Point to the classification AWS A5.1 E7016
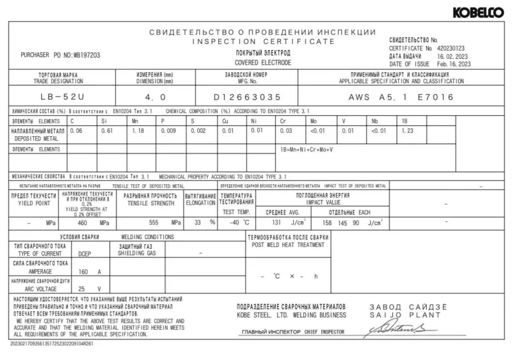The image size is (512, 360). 401,98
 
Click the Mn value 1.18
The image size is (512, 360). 139,130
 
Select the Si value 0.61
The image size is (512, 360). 107,130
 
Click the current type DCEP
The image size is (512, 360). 84,253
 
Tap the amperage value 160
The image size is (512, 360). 84,271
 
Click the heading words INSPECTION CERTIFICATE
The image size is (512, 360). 264,41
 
